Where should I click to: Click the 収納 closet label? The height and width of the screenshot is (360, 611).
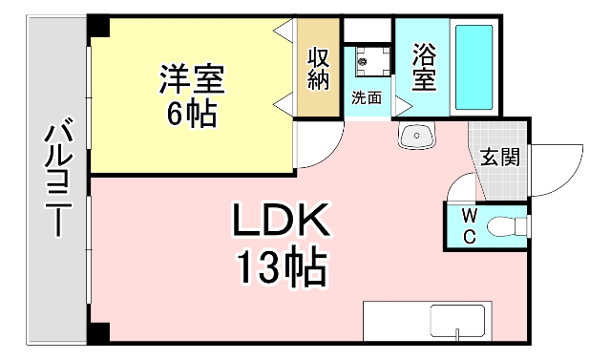(x=318, y=69)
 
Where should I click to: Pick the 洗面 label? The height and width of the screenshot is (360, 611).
(x=366, y=97)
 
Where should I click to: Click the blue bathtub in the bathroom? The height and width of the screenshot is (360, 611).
(x=474, y=66)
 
